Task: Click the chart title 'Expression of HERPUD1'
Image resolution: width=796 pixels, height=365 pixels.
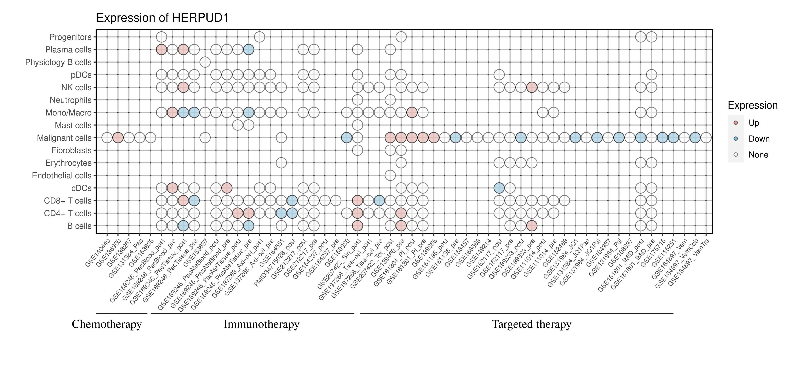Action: click(162, 18)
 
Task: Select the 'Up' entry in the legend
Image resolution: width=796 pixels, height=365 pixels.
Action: click(754, 123)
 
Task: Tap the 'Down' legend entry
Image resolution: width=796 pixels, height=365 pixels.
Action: click(759, 139)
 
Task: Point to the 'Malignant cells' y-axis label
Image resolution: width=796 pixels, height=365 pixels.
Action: click(64, 138)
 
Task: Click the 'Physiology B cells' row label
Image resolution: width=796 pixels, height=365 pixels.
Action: click(58, 62)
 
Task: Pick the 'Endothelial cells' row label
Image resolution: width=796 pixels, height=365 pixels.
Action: click(62, 176)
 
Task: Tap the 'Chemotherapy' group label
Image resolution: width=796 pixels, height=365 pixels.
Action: click(107, 324)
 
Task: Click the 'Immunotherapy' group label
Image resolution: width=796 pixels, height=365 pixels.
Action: click(261, 324)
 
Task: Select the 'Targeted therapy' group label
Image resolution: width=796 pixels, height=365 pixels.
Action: click(532, 324)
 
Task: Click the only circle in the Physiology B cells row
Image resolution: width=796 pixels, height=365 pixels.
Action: click(205, 62)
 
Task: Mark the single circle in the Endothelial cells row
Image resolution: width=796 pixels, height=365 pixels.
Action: click(390, 176)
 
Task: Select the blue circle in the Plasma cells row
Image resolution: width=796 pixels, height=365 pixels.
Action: click(249, 50)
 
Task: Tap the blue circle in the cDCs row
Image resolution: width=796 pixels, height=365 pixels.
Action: click(499, 188)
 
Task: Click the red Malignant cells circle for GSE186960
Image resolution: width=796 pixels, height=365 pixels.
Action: click(118, 138)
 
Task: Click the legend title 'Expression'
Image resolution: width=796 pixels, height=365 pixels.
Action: click(752, 105)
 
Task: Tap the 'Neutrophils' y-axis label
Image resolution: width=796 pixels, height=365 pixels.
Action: click(71, 100)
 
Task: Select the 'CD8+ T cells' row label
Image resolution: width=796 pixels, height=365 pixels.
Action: click(68, 201)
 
